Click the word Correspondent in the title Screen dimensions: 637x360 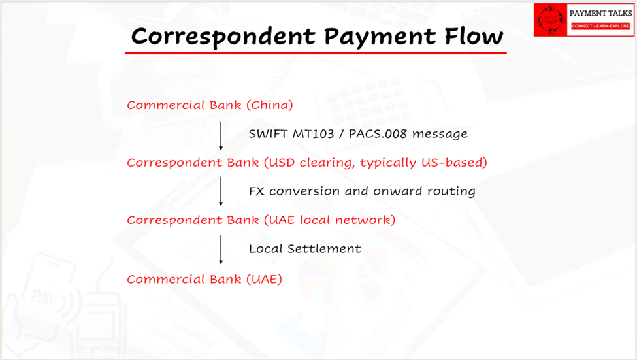(223, 37)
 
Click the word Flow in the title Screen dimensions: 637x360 (474, 36)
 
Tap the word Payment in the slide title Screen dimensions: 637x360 (380, 37)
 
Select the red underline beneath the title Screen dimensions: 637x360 (316, 52)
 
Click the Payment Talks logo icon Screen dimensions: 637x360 (551, 20)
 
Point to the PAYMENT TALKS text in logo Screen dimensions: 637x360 (600, 14)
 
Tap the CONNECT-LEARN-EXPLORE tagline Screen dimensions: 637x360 (600, 26)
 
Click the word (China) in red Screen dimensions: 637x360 (270, 105)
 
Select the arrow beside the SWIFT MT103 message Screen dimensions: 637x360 (221, 136)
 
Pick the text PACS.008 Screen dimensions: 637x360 (378, 134)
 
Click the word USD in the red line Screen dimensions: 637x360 (280, 163)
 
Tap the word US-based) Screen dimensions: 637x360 (454, 163)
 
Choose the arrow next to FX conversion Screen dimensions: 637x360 (221, 191)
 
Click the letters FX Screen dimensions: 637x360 (256, 191)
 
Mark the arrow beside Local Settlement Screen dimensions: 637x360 (221, 250)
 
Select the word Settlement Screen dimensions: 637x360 (324, 248)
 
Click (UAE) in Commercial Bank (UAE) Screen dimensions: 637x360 (264, 279)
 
